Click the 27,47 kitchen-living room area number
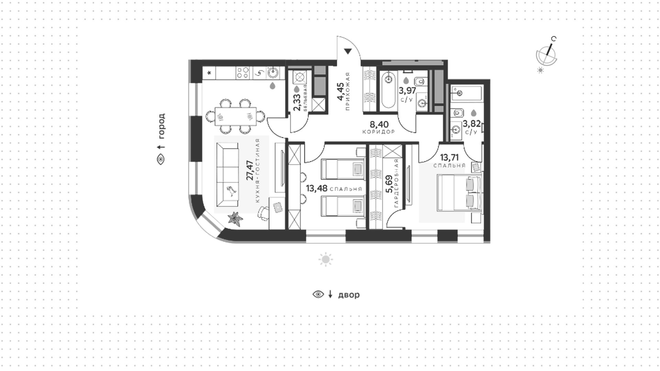click(250, 170)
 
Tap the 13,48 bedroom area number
click(316, 188)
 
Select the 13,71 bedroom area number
click(449, 158)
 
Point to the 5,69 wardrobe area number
click(389, 185)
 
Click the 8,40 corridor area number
click(379, 124)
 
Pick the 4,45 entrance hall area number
click(340, 92)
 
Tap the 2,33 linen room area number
click(297, 103)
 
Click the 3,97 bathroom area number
click(407, 91)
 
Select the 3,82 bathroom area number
click(471, 124)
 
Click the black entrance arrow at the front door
click(348, 52)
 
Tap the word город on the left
click(161, 126)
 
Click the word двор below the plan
click(349, 295)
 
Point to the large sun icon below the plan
click(326, 259)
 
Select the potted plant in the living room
click(235, 218)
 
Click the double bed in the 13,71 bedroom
click(459, 192)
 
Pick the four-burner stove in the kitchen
click(243, 73)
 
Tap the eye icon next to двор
click(318, 295)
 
